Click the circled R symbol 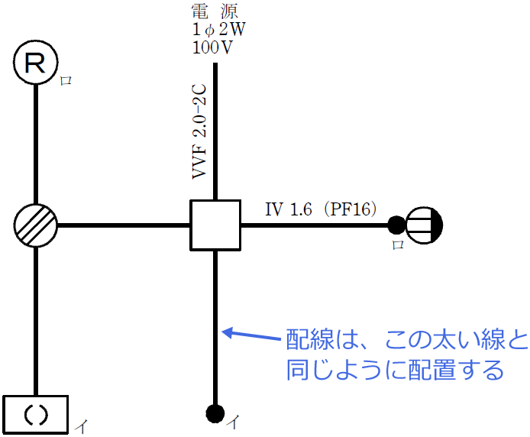pyautogui.click(x=36, y=63)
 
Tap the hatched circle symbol pyautogui.click(x=36, y=225)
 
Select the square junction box pyautogui.click(x=215, y=225)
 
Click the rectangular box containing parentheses pyautogui.click(x=36, y=415)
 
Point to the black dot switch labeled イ pyautogui.click(x=215, y=414)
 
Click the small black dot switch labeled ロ pyautogui.click(x=396, y=225)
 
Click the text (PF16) pyautogui.click(x=349, y=209)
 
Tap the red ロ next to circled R pyautogui.click(x=66, y=80)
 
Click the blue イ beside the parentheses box pyautogui.click(x=80, y=427)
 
